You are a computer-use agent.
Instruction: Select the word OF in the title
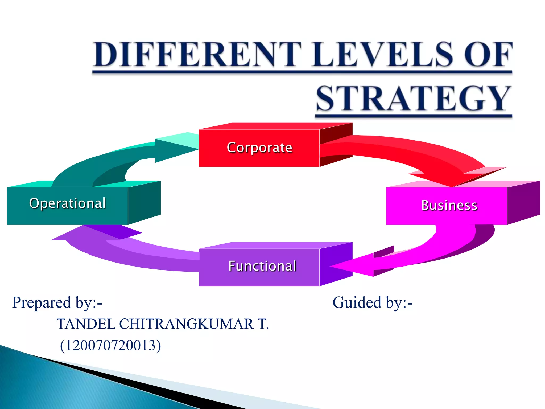[488, 54]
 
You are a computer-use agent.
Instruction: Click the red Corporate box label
[259, 148]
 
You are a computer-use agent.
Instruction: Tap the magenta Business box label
[449, 206]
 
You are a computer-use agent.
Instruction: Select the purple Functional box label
[262, 266]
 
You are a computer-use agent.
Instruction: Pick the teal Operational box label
[67, 203]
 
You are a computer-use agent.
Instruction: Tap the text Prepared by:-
[57, 303]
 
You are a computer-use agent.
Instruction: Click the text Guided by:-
[372, 303]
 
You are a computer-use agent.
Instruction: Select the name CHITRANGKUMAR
[186, 324]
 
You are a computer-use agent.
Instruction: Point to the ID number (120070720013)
[110, 345]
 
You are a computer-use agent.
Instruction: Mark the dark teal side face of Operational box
[144, 202]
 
